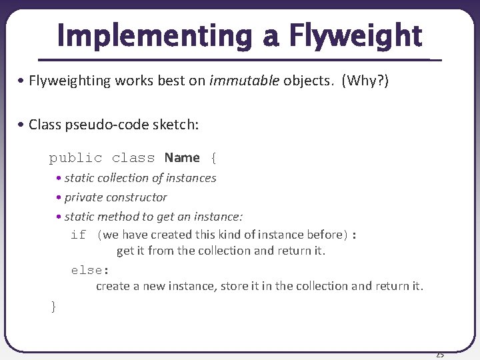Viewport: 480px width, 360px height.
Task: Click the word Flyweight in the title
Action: coord(355,36)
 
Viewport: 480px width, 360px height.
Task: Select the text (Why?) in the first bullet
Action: coord(365,81)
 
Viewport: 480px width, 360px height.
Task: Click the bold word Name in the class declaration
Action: coord(182,158)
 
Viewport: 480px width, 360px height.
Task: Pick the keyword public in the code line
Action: coord(75,158)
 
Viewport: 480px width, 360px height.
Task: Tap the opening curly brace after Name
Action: coord(213,158)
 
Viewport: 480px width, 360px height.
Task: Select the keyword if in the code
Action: coord(78,235)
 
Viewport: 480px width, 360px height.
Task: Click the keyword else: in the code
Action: coord(90,270)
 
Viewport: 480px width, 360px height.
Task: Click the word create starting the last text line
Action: coord(113,286)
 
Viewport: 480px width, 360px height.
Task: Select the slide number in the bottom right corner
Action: coord(439,355)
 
